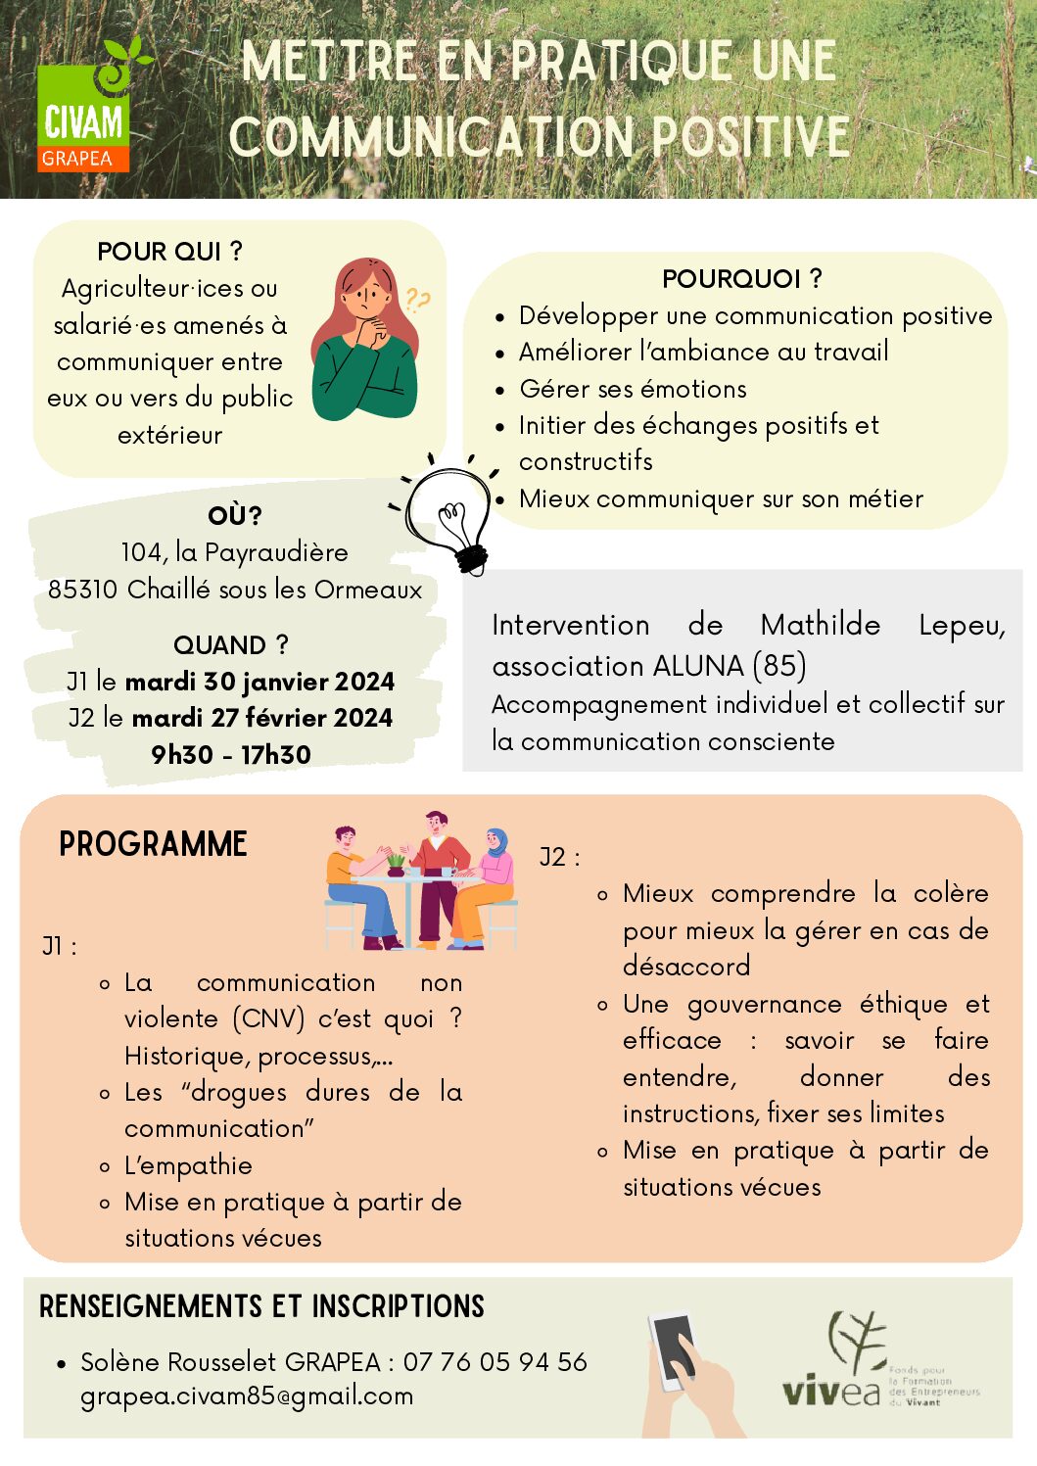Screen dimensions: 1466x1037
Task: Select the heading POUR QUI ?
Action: [x=169, y=252]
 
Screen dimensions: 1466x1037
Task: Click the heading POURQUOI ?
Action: [x=741, y=279]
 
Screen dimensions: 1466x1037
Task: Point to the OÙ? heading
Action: [x=234, y=515]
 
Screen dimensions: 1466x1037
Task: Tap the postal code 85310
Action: [x=83, y=590]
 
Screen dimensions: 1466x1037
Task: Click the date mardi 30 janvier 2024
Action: [x=259, y=682]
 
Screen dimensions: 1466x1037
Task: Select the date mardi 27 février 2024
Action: [x=261, y=718]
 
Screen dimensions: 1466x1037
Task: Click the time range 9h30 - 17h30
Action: [x=231, y=755]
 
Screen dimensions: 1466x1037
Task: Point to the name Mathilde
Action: [x=820, y=625]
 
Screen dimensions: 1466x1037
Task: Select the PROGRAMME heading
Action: [x=153, y=844]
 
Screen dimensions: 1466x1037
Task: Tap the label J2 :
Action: [x=559, y=858]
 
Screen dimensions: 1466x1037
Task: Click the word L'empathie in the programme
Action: [x=188, y=1165]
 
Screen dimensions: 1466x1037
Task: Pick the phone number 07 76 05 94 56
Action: [x=495, y=1361]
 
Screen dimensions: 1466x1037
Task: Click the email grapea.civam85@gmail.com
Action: [x=247, y=1396]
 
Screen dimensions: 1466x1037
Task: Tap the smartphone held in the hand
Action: [x=674, y=1349]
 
